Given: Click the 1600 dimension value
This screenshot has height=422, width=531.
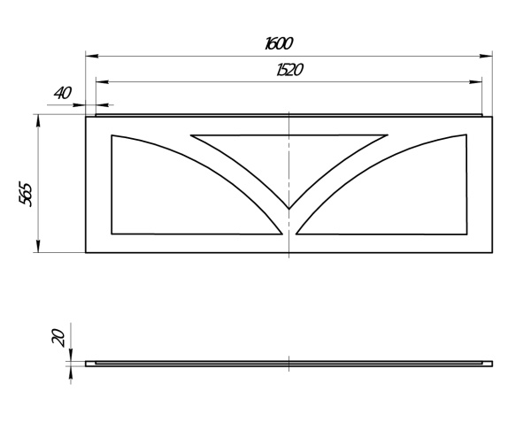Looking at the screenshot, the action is (279, 43).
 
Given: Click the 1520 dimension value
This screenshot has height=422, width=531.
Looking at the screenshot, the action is (289, 70).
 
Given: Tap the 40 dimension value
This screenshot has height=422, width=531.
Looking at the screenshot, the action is (63, 93).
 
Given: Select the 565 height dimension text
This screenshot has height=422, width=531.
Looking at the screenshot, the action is (26, 194).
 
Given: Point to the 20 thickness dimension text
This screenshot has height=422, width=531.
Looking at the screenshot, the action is (58, 337).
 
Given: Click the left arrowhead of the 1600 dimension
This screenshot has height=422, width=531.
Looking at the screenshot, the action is (92, 56).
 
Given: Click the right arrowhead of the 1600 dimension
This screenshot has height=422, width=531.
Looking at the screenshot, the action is (486, 56).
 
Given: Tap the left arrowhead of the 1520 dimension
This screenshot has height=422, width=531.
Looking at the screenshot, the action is (103, 81).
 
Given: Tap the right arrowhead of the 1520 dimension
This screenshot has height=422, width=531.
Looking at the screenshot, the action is (475, 81).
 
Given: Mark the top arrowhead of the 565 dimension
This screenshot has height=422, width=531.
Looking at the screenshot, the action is (38, 121).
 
